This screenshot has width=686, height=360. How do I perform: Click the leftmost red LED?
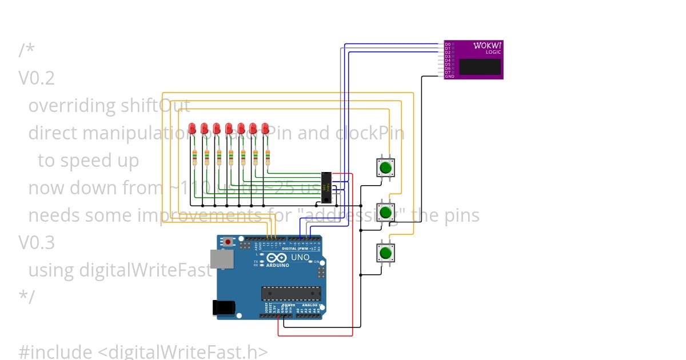193,129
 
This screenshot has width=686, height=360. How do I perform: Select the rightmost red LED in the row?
265,129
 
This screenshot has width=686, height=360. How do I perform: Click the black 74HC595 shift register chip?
326,187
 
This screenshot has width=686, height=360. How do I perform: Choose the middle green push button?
385,212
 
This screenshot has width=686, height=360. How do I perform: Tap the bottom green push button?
385,252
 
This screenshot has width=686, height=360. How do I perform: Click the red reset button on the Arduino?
228,242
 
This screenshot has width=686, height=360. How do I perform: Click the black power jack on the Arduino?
223,307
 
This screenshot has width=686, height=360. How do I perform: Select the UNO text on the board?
301,257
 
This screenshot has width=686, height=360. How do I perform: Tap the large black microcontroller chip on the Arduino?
290,293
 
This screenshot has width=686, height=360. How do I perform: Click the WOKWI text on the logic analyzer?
488,45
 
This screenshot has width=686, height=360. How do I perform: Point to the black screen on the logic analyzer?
480,66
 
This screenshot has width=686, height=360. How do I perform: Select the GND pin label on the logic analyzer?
449,76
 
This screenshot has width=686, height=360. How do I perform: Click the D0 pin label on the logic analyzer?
448,44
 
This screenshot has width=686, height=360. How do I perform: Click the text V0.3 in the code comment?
37,243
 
